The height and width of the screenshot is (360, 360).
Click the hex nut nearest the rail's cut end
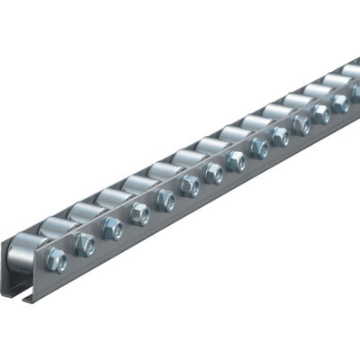pos(56,260)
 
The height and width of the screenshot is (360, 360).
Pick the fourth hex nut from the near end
pos(139,213)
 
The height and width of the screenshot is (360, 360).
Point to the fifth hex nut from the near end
pos(166,199)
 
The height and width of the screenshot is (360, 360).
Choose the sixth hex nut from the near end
pos(190,186)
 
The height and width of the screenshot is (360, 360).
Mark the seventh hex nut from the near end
pos(213,173)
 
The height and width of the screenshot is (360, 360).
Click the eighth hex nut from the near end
pos(236,161)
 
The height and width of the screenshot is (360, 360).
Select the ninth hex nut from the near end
pos(259,148)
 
